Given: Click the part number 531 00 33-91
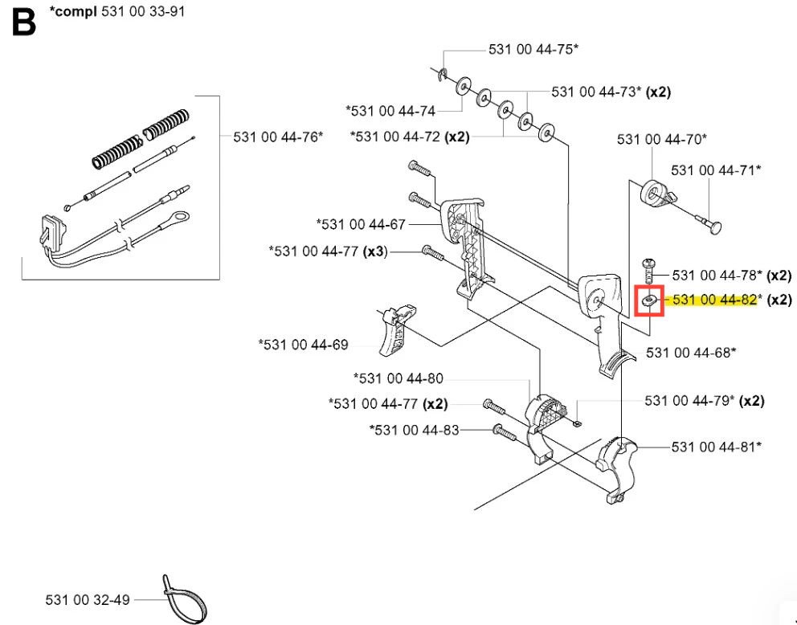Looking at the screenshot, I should pos(144,13).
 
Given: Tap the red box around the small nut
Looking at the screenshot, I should pos(649,301).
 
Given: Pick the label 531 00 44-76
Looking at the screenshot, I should pos(278,137).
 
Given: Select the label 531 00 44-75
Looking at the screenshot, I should pos(533,50).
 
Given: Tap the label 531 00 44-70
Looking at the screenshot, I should pos(661,140).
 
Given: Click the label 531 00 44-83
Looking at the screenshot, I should pos(415,430).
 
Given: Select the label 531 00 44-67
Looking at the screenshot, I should pos(362,223).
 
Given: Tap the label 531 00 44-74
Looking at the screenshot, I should pos(390,111).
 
